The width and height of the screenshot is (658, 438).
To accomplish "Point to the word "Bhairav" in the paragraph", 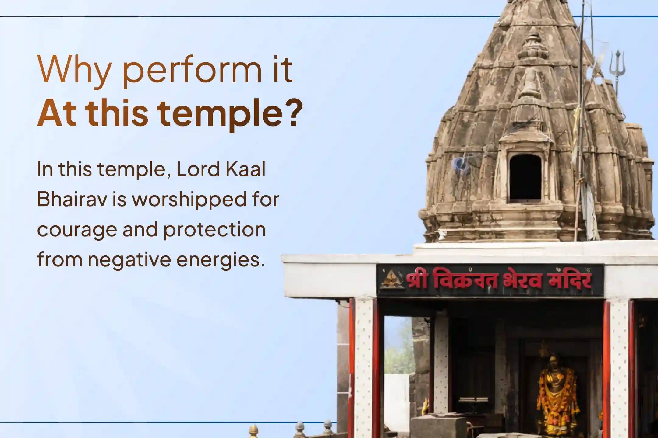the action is [x=73, y=200].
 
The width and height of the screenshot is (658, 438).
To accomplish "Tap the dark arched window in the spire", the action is [x=525, y=178].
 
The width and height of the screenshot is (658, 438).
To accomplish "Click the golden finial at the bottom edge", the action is [x=253, y=432].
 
